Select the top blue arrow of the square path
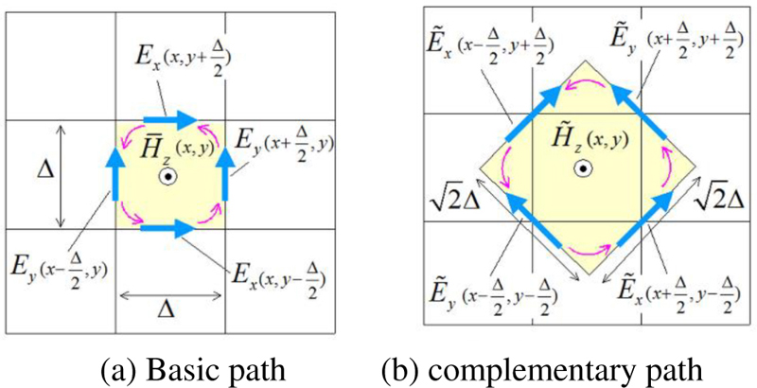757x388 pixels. (169, 119)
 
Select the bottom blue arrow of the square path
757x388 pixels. (169, 228)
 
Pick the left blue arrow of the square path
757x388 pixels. (114, 173)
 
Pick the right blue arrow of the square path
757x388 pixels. (225, 173)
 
